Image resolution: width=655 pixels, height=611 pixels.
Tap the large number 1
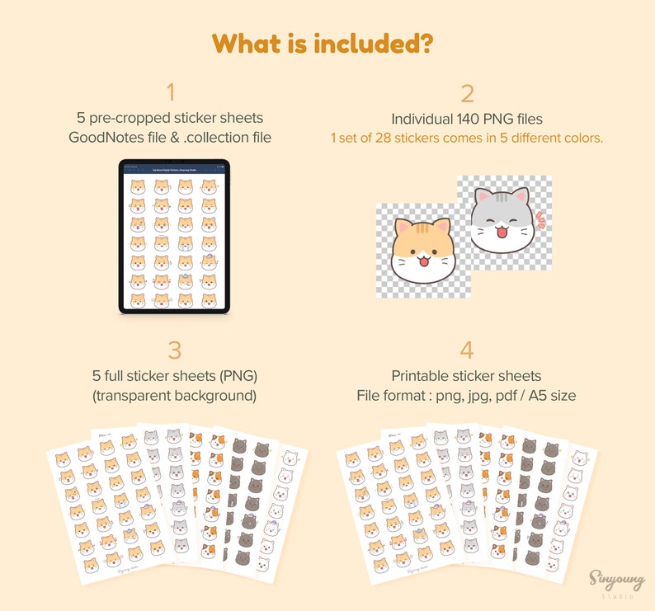pos(171,92)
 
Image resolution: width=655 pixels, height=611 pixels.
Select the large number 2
pos(467,94)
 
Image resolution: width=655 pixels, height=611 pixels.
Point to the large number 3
pos(174,350)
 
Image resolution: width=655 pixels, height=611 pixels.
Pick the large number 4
pos(467,350)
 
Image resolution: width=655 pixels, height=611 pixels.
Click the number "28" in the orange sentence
pos(399,138)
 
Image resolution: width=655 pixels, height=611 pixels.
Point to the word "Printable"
pos(422,376)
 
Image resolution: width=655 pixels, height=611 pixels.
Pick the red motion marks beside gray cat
pos(540,220)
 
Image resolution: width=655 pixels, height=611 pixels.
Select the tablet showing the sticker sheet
pos(174,236)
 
